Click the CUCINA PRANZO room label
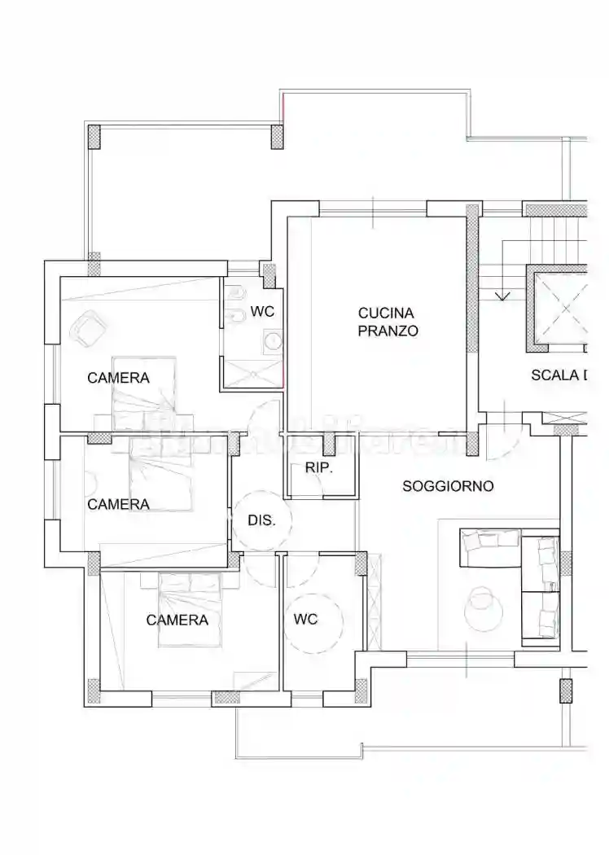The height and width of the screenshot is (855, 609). [x=388, y=322]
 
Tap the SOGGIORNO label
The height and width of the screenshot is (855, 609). [x=448, y=486]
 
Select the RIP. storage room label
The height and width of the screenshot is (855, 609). [x=319, y=468]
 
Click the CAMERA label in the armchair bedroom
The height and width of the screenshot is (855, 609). [x=119, y=378]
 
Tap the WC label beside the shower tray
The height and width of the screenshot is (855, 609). [x=261, y=311]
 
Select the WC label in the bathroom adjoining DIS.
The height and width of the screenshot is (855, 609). [x=305, y=620]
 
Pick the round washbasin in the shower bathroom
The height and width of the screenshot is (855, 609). [x=271, y=340]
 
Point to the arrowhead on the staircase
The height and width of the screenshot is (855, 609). [x=502, y=296]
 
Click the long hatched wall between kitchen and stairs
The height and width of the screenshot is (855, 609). [x=471, y=289]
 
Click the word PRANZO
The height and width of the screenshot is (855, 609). [x=388, y=331]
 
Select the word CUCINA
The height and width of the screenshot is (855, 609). [x=387, y=313]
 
